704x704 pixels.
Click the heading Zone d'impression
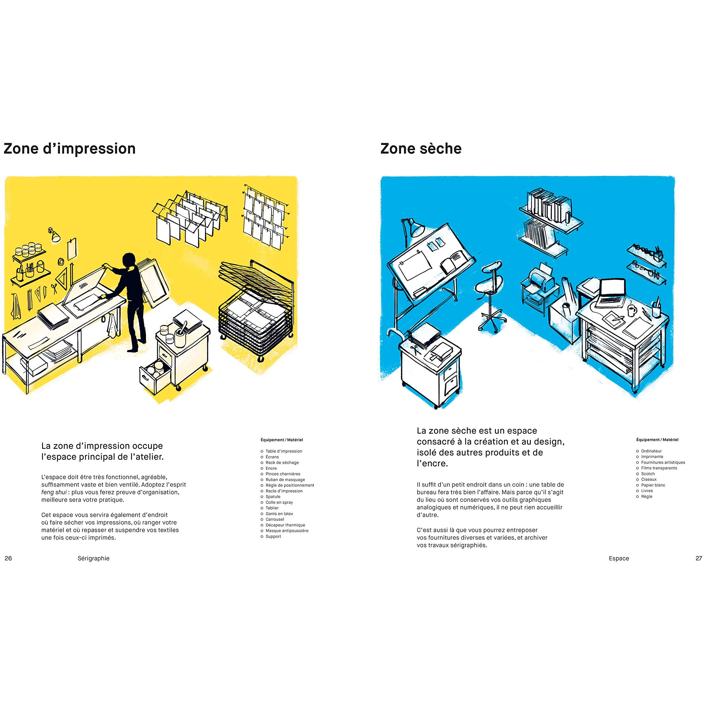(x=70, y=149)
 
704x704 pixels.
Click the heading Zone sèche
(x=421, y=149)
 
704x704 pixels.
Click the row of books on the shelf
(x=548, y=205)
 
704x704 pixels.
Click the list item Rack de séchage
(x=282, y=462)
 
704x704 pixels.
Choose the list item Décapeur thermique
(x=285, y=525)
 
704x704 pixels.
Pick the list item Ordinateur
(x=651, y=451)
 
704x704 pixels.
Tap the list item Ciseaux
(x=649, y=479)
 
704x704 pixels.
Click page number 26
(x=8, y=558)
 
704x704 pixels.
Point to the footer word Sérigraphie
(x=94, y=558)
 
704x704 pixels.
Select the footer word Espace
(x=619, y=558)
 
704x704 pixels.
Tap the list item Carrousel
(x=275, y=519)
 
